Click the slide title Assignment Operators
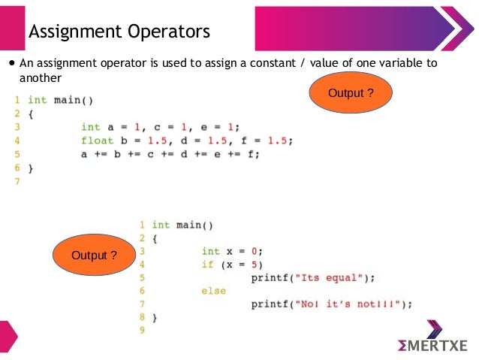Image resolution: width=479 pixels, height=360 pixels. coord(119,32)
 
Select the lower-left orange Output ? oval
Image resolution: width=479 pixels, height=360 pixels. coord(94,256)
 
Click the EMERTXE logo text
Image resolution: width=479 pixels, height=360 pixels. coord(433,345)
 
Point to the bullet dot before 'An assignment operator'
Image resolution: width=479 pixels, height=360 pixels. coord(11,64)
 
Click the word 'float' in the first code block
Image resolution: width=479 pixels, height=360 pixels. coord(97,140)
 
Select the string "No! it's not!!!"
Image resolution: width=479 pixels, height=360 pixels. coord(351,304)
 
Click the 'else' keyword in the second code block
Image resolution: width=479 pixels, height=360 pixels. coord(213,291)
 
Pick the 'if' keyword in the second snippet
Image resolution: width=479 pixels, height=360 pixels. coord(207,264)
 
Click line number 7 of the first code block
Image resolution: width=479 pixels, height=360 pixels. coord(17,180)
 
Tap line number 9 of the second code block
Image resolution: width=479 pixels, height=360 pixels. coord(141,330)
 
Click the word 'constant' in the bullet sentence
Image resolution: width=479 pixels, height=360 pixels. coord(279,64)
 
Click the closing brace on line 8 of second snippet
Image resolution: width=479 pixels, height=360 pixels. coord(155,317)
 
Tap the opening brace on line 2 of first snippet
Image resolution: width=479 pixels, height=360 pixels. coord(31,113)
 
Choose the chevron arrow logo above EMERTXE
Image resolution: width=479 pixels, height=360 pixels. coord(434,328)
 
